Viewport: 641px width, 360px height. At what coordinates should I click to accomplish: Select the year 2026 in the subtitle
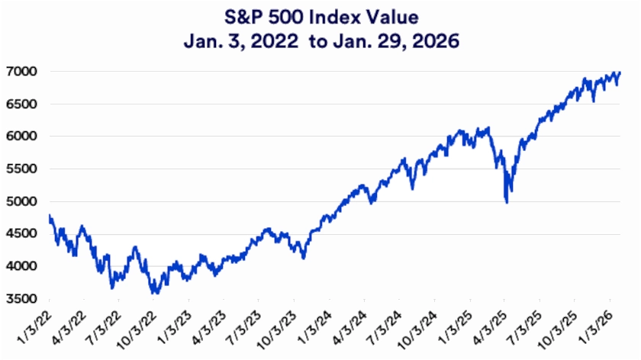pyautogui.click(x=438, y=40)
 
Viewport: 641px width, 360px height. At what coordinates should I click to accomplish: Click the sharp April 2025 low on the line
pyautogui.click(x=507, y=201)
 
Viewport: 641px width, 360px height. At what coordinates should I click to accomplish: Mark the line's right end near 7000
pyautogui.click(x=620, y=72)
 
